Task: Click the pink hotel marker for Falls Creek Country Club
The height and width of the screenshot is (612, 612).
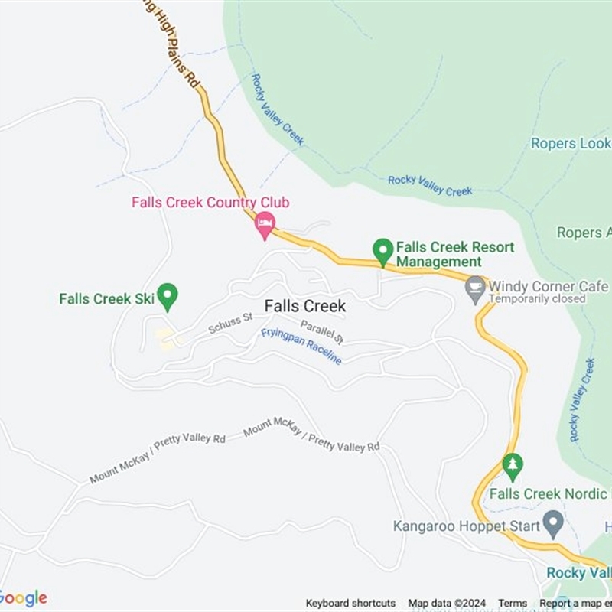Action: tap(265, 223)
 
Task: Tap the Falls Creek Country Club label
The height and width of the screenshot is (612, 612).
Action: tap(210, 203)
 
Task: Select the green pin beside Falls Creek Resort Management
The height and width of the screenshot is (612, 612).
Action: tap(382, 250)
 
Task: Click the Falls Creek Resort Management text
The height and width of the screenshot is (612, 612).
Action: tap(455, 255)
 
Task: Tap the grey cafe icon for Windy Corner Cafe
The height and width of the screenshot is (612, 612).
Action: tap(476, 287)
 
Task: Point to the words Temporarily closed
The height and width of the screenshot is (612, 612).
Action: tap(536, 299)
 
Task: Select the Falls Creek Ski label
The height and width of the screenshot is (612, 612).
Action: tap(107, 298)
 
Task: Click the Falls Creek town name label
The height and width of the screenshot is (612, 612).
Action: tap(305, 306)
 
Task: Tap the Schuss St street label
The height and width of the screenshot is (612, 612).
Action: tap(230, 324)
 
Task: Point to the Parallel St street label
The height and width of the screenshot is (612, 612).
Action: tap(322, 331)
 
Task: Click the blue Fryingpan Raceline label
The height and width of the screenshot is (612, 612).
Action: tap(301, 346)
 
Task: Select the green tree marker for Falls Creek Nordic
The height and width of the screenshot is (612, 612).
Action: tap(513, 464)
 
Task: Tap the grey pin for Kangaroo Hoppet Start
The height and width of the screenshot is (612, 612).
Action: tap(552, 525)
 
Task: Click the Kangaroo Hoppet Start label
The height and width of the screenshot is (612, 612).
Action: tap(467, 526)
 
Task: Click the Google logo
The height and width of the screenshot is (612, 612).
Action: tap(23, 598)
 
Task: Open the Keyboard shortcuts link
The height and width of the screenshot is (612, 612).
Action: tap(350, 604)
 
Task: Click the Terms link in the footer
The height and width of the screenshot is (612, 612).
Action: tap(513, 604)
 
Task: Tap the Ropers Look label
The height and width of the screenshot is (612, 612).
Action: tap(571, 143)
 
